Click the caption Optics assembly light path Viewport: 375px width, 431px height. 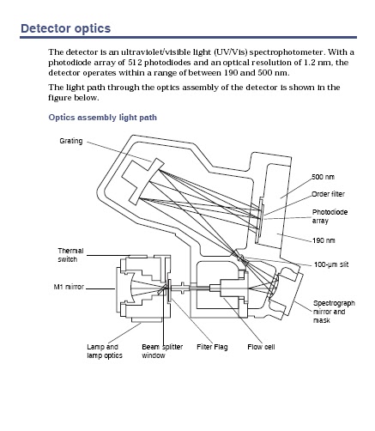102,118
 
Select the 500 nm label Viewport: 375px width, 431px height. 323,176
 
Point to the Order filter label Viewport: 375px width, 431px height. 328,193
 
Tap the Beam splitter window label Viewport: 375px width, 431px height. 163,351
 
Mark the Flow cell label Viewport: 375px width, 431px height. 261,347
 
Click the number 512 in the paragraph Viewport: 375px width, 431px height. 145,64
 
